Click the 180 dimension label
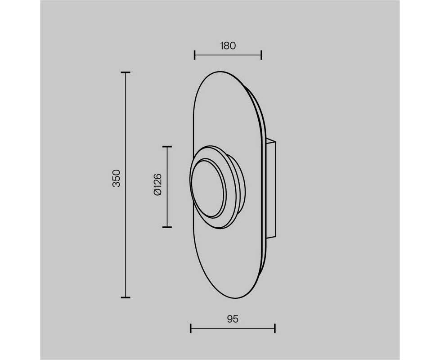[228, 46]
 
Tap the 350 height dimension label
[116, 178]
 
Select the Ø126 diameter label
[158, 184]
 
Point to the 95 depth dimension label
[233, 319]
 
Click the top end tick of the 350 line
[126, 72]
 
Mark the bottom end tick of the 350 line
[126, 297]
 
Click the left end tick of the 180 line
[194, 55]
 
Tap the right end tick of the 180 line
[261, 55]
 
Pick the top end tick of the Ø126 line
[167, 146]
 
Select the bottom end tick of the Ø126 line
[167, 227]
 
